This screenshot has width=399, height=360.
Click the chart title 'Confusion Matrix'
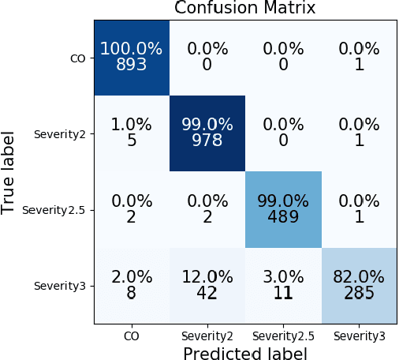tap(245, 9)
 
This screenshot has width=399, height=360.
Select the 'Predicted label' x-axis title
tap(245, 352)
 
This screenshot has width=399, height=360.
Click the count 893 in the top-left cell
tap(132, 64)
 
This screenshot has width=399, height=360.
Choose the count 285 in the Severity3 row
tap(359, 293)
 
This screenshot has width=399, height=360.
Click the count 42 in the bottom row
tap(207, 293)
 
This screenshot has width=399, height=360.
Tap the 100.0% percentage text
tap(132, 49)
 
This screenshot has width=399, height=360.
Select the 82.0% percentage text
tap(359, 277)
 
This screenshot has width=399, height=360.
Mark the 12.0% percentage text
tap(207, 277)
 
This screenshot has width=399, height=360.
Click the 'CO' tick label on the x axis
tap(132, 336)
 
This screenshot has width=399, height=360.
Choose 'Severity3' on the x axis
tap(359, 336)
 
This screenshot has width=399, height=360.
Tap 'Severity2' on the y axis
tap(59, 133)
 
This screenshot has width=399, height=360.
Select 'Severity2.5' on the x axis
tap(283, 336)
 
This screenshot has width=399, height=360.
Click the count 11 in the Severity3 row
tap(283, 293)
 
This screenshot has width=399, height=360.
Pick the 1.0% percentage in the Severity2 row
tap(132, 125)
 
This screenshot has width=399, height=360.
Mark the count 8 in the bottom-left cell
tap(132, 293)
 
